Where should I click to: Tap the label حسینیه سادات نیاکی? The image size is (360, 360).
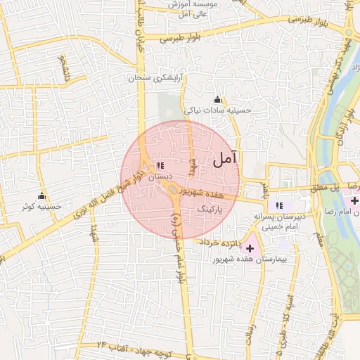(217, 110)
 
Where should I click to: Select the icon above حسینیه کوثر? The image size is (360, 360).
(42, 196)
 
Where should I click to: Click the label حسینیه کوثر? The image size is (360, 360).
(42, 207)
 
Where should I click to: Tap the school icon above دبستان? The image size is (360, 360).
(161, 165)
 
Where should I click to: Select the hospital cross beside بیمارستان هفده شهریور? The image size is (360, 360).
(250, 248)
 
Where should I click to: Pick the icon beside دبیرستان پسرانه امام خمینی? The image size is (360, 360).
(280, 205)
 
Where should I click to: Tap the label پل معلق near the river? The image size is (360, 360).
(326, 188)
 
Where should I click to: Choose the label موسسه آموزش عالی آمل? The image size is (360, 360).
(200, 8)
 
